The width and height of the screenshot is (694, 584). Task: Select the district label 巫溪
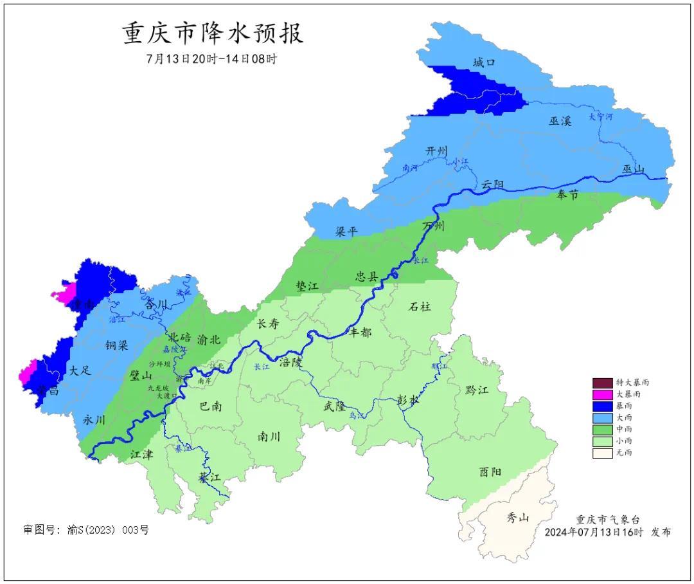(560, 121)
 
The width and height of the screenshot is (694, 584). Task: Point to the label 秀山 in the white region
(518, 516)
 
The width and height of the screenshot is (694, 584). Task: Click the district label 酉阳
(490, 471)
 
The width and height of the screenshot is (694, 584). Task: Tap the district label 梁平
(346, 232)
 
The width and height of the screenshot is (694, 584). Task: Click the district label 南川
(269, 436)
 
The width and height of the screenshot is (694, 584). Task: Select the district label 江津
(141, 455)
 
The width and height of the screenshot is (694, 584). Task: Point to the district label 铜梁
(117, 345)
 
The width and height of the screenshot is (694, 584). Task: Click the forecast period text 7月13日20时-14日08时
(211, 59)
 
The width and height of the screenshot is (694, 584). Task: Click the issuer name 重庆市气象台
(607, 520)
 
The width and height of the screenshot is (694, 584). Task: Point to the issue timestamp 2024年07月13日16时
(594, 533)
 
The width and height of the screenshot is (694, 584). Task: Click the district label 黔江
(476, 390)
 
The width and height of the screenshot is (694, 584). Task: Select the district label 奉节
(567, 195)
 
